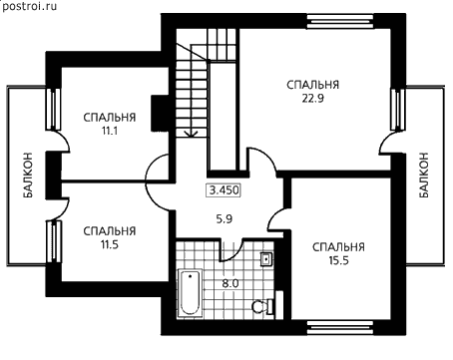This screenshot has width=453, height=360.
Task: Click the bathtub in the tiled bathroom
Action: pyautogui.click(x=191, y=293)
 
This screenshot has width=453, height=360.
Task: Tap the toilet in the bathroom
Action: pyautogui.click(x=262, y=306)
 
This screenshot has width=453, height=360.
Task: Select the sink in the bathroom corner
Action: pyautogui.click(x=266, y=259)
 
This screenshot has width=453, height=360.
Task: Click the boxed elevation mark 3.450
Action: pyautogui.click(x=224, y=190)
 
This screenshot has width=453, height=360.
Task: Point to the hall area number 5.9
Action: pyautogui.click(x=225, y=219)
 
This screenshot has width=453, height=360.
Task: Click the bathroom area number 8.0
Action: pyautogui.click(x=230, y=284)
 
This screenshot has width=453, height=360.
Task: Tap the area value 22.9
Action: pyautogui.click(x=312, y=99)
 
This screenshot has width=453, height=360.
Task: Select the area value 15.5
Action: pyautogui.click(x=338, y=261)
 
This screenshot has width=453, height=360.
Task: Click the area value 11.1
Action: pyautogui.click(x=110, y=131)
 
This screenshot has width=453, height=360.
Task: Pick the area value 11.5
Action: pyautogui.click(x=110, y=245)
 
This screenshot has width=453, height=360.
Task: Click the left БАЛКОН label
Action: pyautogui.click(x=28, y=176)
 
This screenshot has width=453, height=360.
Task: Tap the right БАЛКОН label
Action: pyautogui.click(x=423, y=176)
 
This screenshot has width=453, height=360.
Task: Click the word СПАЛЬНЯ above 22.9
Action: pyautogui.click(x=312, y=85)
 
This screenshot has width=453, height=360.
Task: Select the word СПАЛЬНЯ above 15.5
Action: pyautogui.click(x=338, y=247)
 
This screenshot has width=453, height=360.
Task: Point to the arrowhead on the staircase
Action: pyautogui.click(x=191, y=134)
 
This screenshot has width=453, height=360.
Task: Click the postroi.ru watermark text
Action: pyautogui.click(x=29, y=6)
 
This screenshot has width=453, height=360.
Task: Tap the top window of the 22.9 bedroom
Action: pyautogui.click(x=339, y=21)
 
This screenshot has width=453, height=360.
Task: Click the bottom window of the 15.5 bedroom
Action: pyautogui.click(x=339, y=327)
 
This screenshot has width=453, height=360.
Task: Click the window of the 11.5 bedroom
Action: pyautogui.click(x=53, y=241)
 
